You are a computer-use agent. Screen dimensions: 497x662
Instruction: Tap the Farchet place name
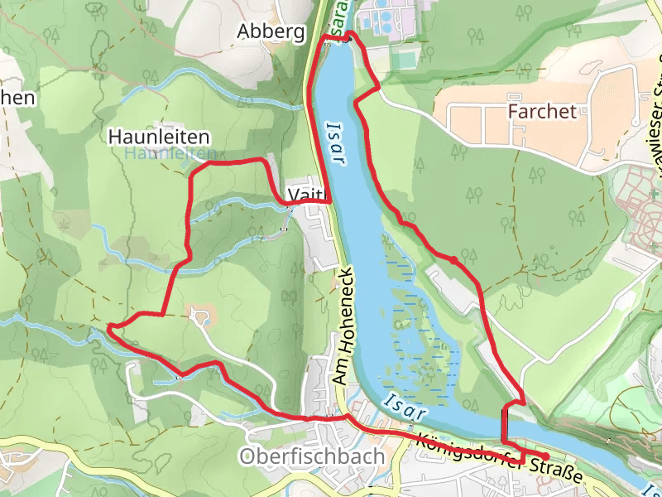(x=542, y=111)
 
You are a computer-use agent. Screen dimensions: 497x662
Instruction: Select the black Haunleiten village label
(x=159, y=136)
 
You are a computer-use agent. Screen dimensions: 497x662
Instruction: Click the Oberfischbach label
(x=311, y=456)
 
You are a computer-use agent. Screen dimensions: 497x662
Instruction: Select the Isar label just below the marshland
(x=405, y=406)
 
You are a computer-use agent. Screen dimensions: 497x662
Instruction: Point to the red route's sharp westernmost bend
(x=110, y=328)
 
